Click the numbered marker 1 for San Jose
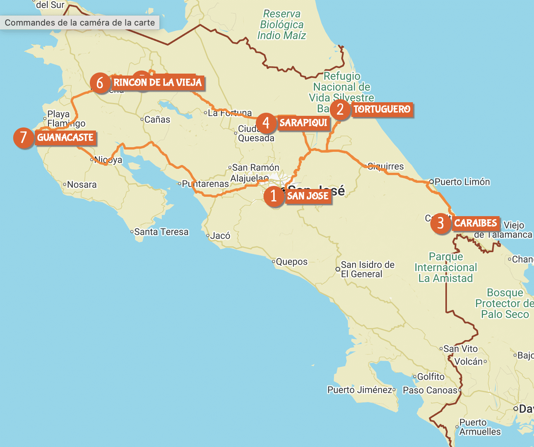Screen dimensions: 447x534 pos(274,196)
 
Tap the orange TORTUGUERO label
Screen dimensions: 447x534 pos(382,110)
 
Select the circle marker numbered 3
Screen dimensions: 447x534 pos(440,223)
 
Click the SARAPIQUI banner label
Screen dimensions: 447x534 pos(303,123)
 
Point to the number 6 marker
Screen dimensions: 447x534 pos(100,83)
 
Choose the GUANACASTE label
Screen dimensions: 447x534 pos(65,138)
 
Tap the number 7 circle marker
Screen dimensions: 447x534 pos(24,138)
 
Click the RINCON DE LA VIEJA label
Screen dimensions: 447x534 pos(157,83)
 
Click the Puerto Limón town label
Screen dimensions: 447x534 pos(462,182)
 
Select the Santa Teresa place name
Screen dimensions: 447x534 pos(161,232)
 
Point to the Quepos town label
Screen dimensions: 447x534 pos(291,262)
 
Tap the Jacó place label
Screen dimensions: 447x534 pos(220,236)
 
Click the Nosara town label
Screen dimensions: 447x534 pos(82,185)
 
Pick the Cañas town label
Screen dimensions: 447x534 pos(157,120)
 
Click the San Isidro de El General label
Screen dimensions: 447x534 pos(367,269)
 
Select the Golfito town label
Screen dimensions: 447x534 pos(431,377)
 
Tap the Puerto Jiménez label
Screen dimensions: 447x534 pos(360,390)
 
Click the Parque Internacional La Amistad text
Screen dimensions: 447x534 pos(446,267)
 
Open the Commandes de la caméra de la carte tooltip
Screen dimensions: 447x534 pos(80,23)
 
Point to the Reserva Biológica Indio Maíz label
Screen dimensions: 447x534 pos(282,25)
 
